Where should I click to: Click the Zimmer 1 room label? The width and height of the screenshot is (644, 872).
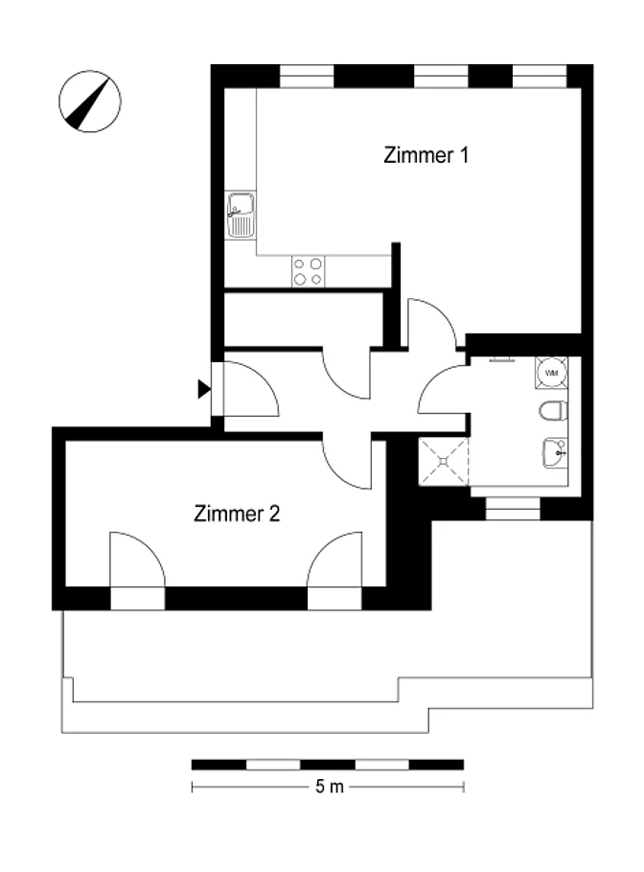point(426,154)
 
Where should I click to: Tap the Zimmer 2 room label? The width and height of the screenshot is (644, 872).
point(237,513)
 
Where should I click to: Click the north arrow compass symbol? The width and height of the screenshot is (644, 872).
point(90,102)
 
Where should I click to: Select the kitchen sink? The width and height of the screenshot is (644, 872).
point(241,215)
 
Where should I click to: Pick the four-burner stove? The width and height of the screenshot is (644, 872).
point(309,271)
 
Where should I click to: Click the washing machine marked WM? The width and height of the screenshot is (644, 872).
point(551,373)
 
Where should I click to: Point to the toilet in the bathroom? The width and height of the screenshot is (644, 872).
point(554,411)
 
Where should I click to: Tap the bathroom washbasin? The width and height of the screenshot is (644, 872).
point(555,452)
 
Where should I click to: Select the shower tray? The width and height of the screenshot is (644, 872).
point(444,461)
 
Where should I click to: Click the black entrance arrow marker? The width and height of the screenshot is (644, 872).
point(204,389)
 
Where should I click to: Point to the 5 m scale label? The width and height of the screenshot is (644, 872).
point(330,787)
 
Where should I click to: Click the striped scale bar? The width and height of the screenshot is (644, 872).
point(328,765)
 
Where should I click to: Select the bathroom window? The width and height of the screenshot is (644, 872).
point(513,508)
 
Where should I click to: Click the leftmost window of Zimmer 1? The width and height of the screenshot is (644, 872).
point(307,77)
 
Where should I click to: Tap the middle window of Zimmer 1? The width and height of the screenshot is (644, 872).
point(442,77)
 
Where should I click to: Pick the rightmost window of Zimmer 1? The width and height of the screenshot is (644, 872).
point(540,77)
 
